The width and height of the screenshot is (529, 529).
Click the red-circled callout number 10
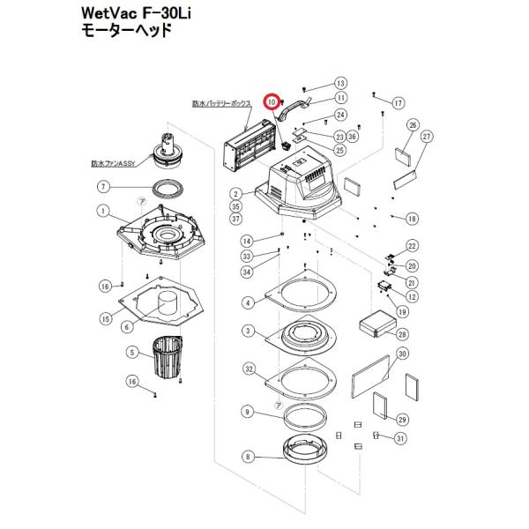pyautogui.click(x=273, y=102)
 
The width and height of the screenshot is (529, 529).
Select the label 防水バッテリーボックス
pyautogui.click(x=222, y=103)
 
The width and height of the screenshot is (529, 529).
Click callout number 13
pyautogui.click(x=341, y=83)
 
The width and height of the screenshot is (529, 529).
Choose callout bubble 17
pyautogui.click(x=398, y=103)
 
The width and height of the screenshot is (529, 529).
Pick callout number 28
pyautogui.click(x=402, y=334)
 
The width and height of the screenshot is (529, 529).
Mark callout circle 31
pyautogui.click(x=401, y=438)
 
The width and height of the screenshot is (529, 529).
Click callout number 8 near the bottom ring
pyautogui.click(x=247, y=457)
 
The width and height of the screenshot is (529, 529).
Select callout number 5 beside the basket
pyautogui.click(x=133, y=354)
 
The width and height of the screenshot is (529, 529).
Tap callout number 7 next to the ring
pyautogui.click(x=103, y=187)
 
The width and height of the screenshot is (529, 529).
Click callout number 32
pyautogui.click(x=250, y=369)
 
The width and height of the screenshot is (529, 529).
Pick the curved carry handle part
pyautogui.click(x=294, y=109)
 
